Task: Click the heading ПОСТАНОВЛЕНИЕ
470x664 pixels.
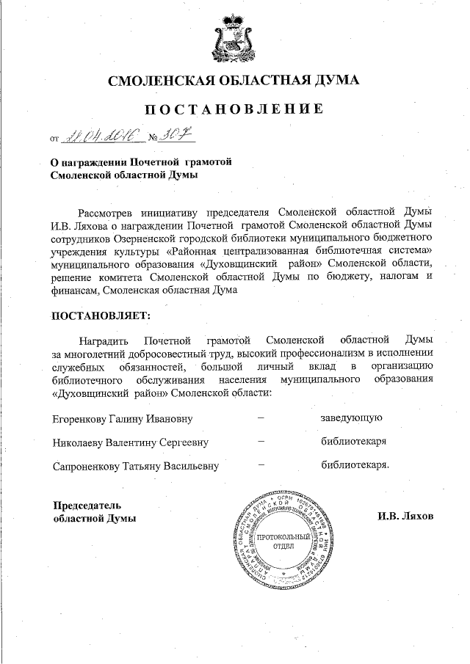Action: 234,109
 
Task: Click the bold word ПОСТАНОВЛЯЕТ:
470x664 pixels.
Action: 100,316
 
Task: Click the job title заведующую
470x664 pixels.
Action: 350,418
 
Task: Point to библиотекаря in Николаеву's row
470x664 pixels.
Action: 354,442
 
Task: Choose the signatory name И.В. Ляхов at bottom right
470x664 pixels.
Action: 405,516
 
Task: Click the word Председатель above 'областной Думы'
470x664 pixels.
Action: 87,505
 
